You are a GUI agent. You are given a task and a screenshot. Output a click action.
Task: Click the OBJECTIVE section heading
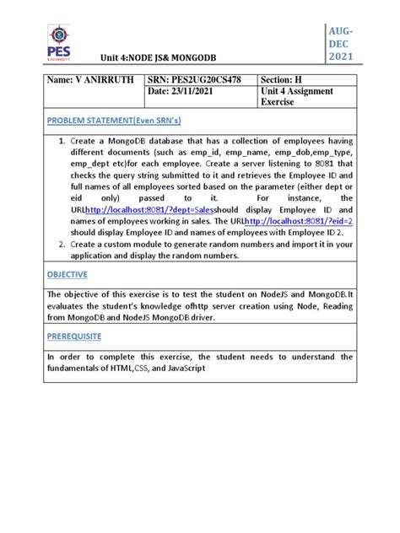68,274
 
